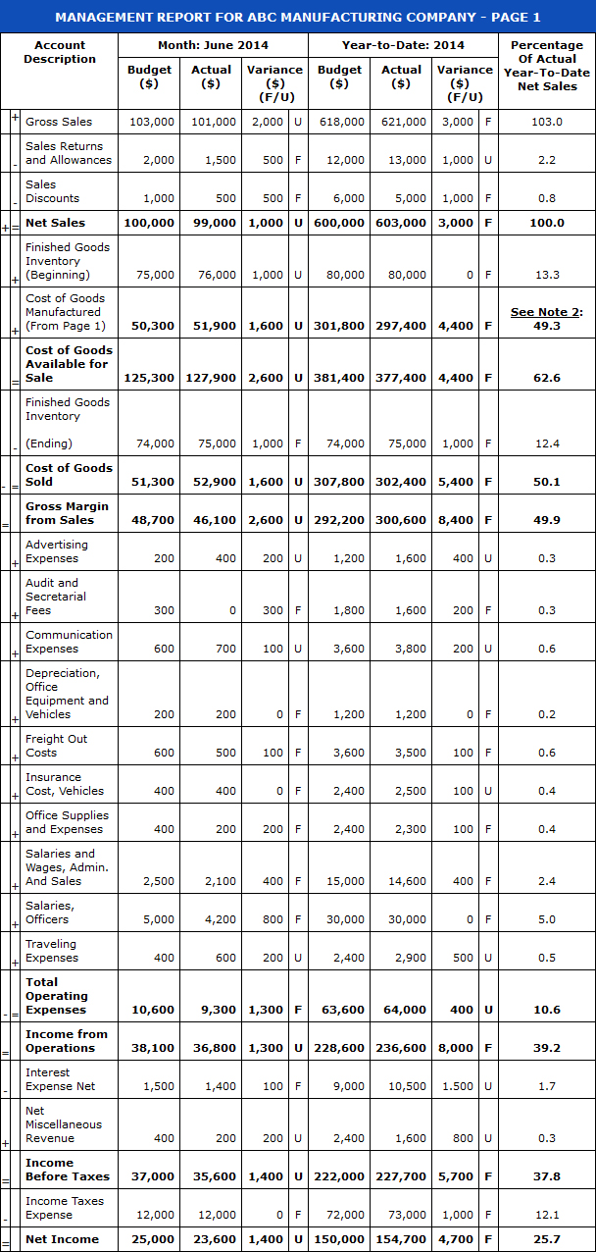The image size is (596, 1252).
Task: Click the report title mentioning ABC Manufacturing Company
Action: pyautogui.click(x=298, y=17)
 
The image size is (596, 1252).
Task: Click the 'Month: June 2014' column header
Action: pyautogui.click(x=213, y=45)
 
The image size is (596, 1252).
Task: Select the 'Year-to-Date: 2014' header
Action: pyautogui.click(x=403, y=45)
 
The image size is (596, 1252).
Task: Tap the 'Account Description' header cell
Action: pyautogui.click(x=60, y=52)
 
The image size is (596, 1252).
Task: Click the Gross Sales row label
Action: pyautogui.click(x=59, y=122)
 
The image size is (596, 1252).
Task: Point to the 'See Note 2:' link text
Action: pyautogui.click(x=546, y=312)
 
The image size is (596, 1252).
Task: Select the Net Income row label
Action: pyautogui.click(x=62, y=1239)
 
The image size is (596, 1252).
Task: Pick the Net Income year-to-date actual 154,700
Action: pyautogui.click(x=402, y=1239)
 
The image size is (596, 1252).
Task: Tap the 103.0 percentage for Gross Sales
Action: pyautogui.click(x=546, y=122)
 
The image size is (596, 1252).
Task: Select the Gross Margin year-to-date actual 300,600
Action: pyautogui.click(x=402, y=520)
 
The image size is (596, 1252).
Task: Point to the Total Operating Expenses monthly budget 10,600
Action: pyautogui.click(x=153, y=1010)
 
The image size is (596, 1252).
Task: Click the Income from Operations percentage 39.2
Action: pyautogui.click(x=546, y=1048)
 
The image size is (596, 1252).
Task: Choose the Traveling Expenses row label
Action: pyautogui.click(x=52, y=951)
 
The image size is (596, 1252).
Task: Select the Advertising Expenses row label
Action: pyautogui.click(x=57, y=551)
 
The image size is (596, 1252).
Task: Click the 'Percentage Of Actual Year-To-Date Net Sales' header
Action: pyautogui.click(x=546, y=66)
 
